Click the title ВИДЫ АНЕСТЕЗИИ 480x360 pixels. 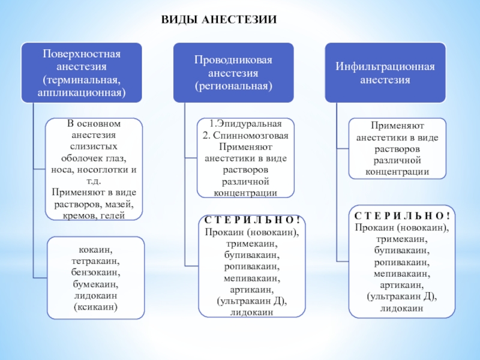(219, 20)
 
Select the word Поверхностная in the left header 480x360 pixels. (82, 54)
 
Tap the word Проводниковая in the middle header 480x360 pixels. (233, 60)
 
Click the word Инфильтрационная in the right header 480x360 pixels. (385, 67)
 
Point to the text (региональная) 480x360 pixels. (233, 86)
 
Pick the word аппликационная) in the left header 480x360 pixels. (82, 92)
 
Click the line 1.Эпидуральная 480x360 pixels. (245, 124)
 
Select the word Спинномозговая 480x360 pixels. (251, 136)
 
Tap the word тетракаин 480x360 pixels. (95, 261)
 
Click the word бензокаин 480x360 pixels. (95, 272)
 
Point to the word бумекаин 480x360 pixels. (95, 284)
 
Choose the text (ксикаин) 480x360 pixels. (95, 307)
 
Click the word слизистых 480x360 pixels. (94, 146)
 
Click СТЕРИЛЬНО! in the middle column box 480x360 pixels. (252, 220)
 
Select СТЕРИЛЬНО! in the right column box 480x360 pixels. (402, 216)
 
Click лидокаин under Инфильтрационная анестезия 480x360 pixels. (401, 308)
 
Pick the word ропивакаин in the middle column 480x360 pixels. (251, 266)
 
